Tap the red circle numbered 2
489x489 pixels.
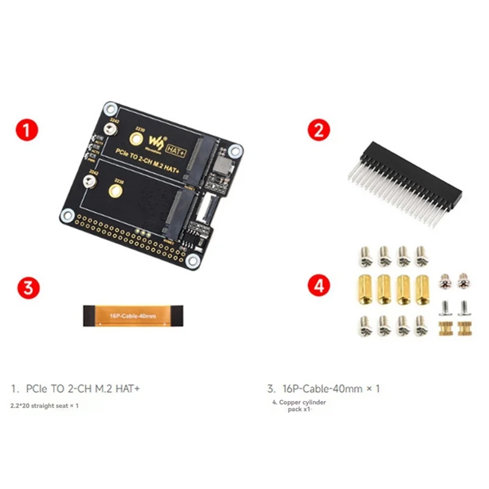[x=319, y=131]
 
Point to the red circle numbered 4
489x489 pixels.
[x=319, y=285]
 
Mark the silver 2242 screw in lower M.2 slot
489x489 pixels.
[x=89, y=182]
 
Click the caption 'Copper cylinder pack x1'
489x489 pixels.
[x=300, y=405]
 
